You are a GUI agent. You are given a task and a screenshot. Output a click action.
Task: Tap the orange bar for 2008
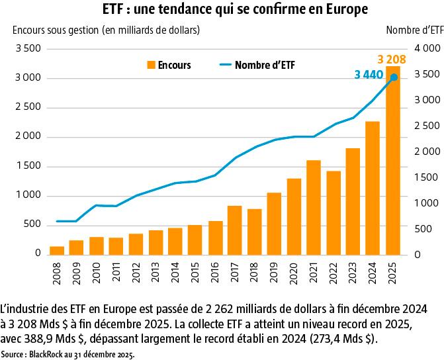click(57, 250)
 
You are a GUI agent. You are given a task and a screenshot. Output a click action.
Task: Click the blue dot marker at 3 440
click(394, 77)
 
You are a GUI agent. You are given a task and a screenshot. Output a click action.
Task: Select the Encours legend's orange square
click(152, 65)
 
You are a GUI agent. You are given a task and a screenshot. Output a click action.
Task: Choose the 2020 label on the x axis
click(294, 273)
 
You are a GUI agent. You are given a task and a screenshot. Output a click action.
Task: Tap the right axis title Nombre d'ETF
click(414, 30)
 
